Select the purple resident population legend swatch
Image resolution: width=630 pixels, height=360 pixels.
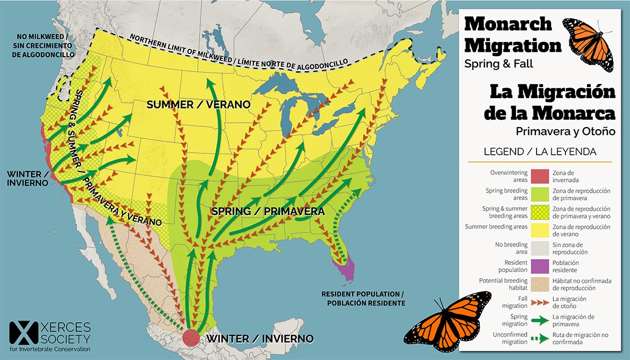coord(540,267)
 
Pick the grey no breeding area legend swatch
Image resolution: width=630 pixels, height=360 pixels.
coord(540,248)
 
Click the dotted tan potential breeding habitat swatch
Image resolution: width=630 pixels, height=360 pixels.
coord(540,284)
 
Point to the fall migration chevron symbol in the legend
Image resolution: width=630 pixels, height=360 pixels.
coord(540,302)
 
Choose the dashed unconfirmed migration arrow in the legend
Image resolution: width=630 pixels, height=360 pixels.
coord(540,338)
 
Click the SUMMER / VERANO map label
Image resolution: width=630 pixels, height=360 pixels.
coord(198,105)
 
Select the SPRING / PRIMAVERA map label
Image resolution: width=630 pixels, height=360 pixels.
coord(267,211)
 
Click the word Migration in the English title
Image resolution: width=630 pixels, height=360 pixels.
coord(513,46)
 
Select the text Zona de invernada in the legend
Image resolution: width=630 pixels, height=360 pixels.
coord(570,176)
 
